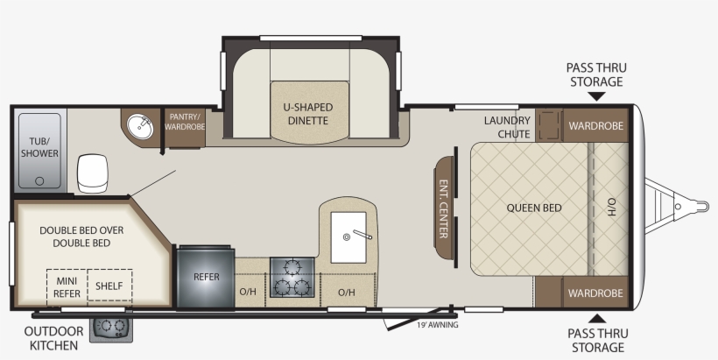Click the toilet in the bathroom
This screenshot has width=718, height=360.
tap(93, 173)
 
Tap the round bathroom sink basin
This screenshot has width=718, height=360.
tap(140, 126)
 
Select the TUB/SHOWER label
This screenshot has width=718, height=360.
tap(39, 147)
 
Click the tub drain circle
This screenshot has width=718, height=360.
tap(39, 181)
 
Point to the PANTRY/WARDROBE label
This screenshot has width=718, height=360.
tap(185, 122)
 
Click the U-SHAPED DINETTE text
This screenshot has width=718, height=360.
tap(307, 114)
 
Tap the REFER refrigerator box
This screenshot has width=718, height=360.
tap(206, 277)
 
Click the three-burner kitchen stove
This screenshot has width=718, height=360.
tap(292, 277)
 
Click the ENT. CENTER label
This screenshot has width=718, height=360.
tap(443, 208)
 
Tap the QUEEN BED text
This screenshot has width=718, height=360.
tap(534, 208)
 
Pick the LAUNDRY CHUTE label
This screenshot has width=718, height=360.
tap(507, 127)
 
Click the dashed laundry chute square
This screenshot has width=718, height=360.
tap(549, 125)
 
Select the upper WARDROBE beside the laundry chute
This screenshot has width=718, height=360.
tap(595, 125)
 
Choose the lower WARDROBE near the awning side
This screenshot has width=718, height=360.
tap(595, 293)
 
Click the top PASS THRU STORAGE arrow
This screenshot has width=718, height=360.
tap(596, 96)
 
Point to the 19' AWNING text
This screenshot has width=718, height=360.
tap(437, 325)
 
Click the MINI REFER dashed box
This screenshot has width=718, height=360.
tap(67, 287)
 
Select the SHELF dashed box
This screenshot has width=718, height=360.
tap(109, 286)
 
